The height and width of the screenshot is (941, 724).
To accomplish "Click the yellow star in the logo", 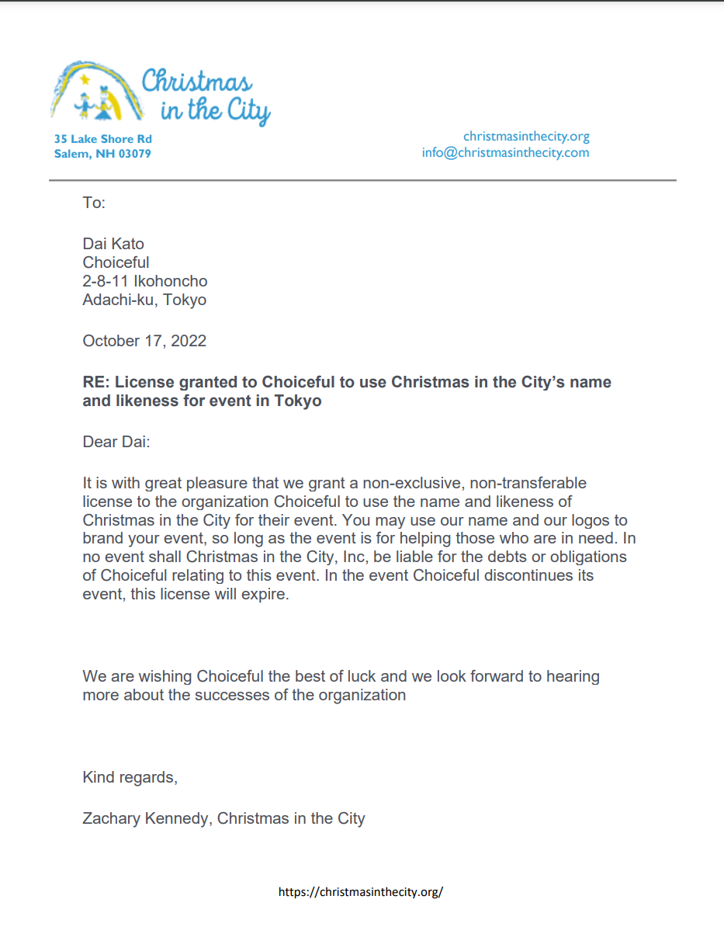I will point(85,78).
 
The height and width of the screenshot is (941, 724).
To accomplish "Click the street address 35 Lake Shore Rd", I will point(102,139).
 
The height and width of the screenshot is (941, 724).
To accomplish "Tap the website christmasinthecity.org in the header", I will point(526,137).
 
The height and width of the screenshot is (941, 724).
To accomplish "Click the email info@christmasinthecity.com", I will point(505,152).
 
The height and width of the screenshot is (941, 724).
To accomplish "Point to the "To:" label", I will point(93,203).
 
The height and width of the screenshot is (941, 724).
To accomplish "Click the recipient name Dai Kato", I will point(113,245).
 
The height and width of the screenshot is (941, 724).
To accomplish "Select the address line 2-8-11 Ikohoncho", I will point(145,281).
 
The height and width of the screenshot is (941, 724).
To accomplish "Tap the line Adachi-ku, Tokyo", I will point(144,300).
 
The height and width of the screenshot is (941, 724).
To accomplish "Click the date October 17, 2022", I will point(144,340).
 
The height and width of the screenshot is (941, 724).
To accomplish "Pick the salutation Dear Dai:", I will point(116,443).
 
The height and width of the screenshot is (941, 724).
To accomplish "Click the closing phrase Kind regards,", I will point(130,777).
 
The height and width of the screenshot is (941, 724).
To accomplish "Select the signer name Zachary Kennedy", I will point(146,818).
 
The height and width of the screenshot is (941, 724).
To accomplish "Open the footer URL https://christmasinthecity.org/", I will point(361,892).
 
